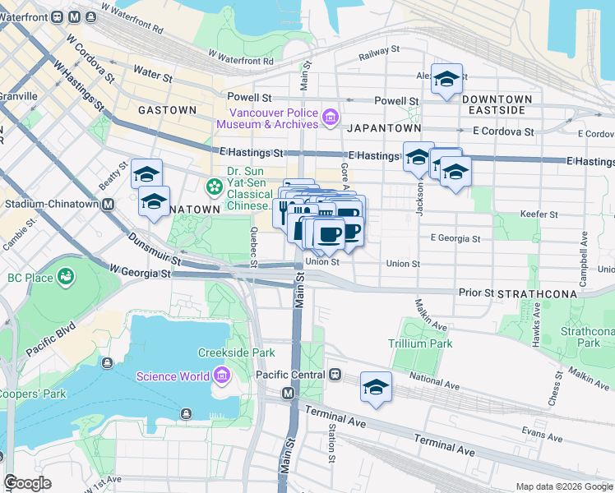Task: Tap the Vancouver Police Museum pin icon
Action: tap(330, 117)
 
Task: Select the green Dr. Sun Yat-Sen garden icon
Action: tap(215, 187)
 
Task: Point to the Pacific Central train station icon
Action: tap(335, 375)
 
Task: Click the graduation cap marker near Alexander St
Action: tap(446, 80)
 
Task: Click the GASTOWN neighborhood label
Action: tap(167, 110)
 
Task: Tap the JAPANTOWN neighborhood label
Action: tap(384, 129)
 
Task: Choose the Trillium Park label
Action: tap(420, 343)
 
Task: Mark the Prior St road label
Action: tap(475, 292)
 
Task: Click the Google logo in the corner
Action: tap(27, 483)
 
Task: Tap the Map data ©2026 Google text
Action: tap(562, 486)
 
